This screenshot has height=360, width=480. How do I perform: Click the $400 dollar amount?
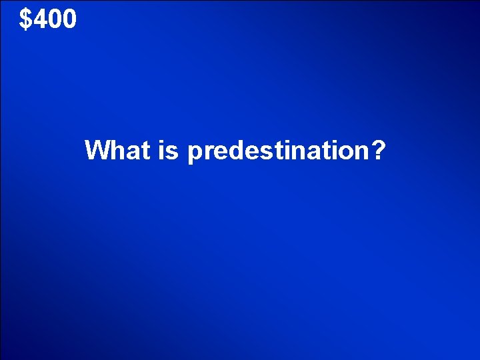tap(48, 19)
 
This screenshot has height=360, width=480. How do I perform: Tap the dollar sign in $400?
tap(26, 19)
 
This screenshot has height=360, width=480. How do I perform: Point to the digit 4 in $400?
tap(41, 19)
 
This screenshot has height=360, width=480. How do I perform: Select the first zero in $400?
tap(55, 19)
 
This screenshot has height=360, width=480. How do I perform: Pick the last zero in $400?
tap(69, 19)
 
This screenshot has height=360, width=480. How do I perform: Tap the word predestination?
tap(277, 151)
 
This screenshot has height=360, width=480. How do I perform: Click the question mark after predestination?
tap(378, 151)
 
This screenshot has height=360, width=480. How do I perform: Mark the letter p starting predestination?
tap(195, 153)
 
